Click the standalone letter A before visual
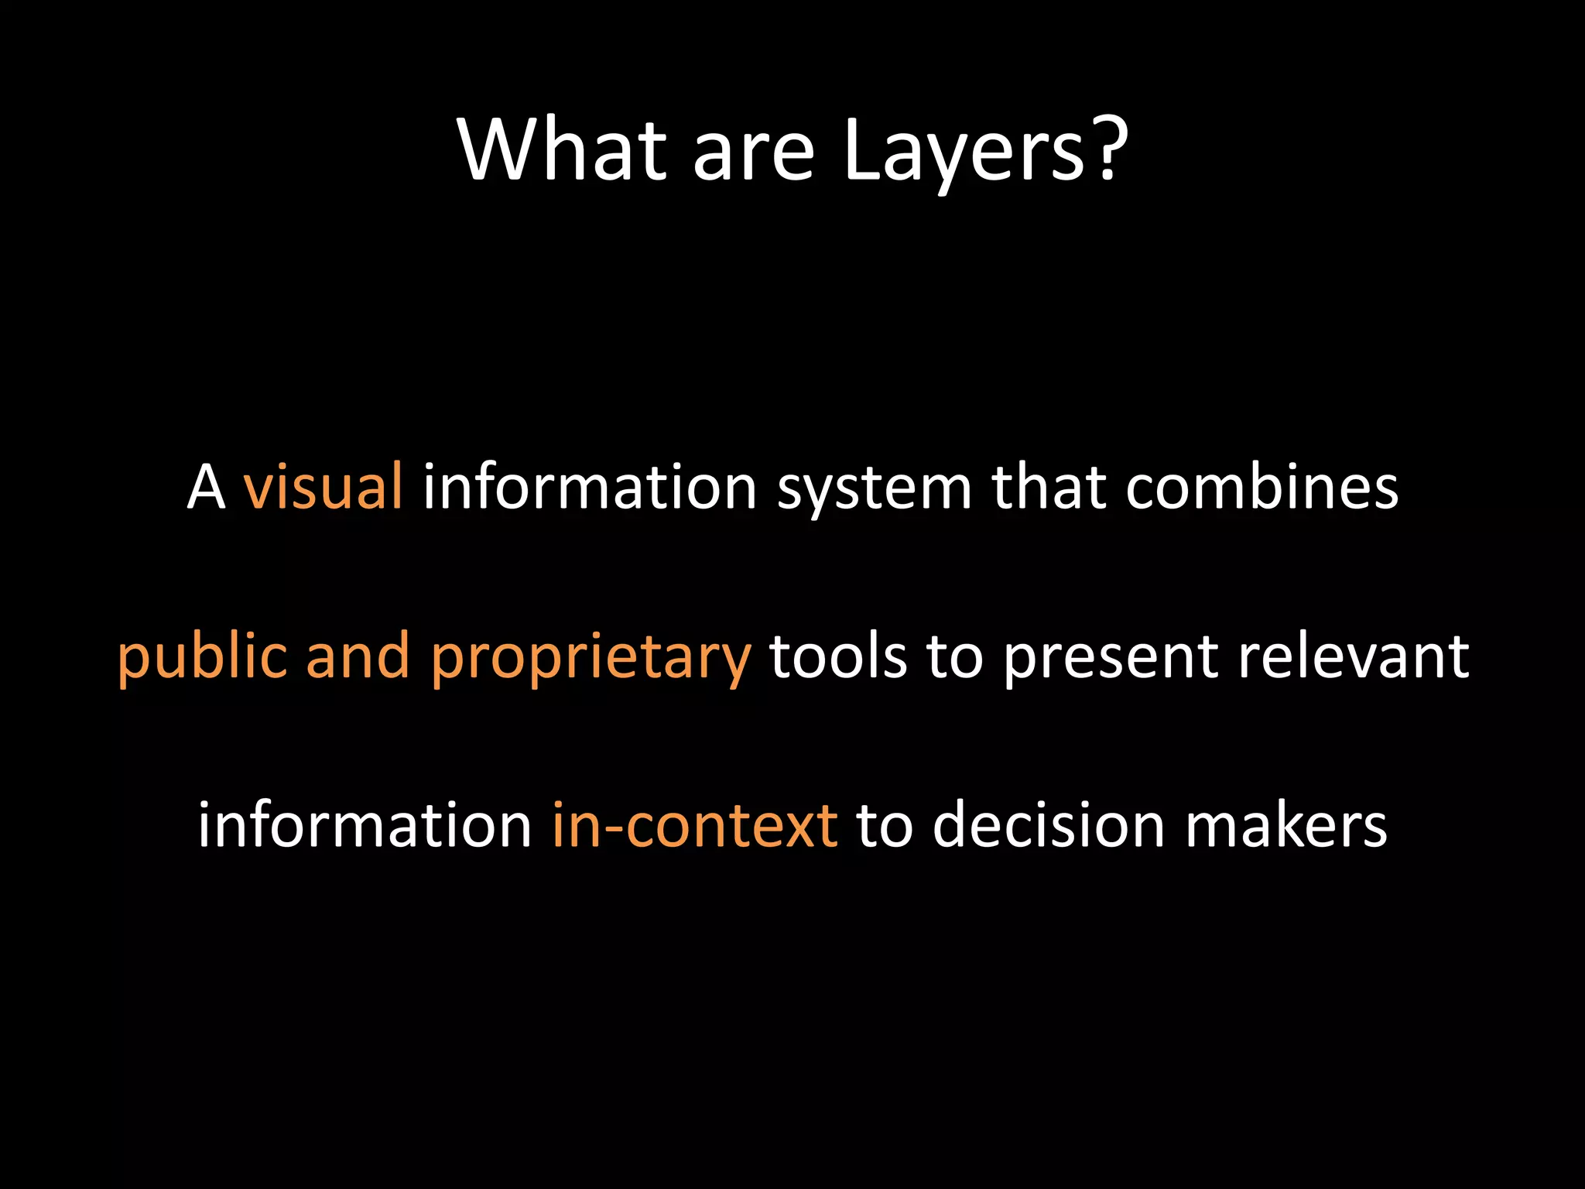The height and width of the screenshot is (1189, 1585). [x=207, y=488]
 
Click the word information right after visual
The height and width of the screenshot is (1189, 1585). [x=590, y=488]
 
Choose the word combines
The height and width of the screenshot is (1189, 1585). [x=1261, y=488]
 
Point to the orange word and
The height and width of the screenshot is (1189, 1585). [x=358, y=656]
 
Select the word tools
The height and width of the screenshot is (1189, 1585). [x=838, y=656]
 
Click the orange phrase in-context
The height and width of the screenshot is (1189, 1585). [x=694, y=825]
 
